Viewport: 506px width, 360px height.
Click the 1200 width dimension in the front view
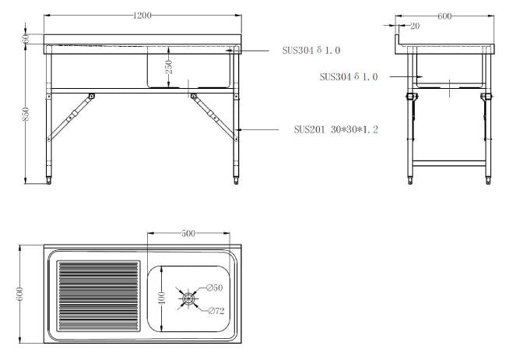click(x=142, y=15)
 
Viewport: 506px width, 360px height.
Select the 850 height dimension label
click(x=26, y=114)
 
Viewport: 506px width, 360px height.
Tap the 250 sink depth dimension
click(x=169, y=67)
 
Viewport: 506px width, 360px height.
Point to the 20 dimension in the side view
click(x=415, y=26)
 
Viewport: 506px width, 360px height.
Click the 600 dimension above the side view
click(x=445, y=16)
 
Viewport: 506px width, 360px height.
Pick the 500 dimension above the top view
click(x=188, y=233)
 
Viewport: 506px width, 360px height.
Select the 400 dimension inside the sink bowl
click(x=162, y=298)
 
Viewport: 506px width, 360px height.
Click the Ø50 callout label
click(x=214, y=288)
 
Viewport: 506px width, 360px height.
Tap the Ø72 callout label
click(x=216, y=311)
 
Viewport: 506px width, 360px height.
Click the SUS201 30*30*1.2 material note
click(x=336, y=129)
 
